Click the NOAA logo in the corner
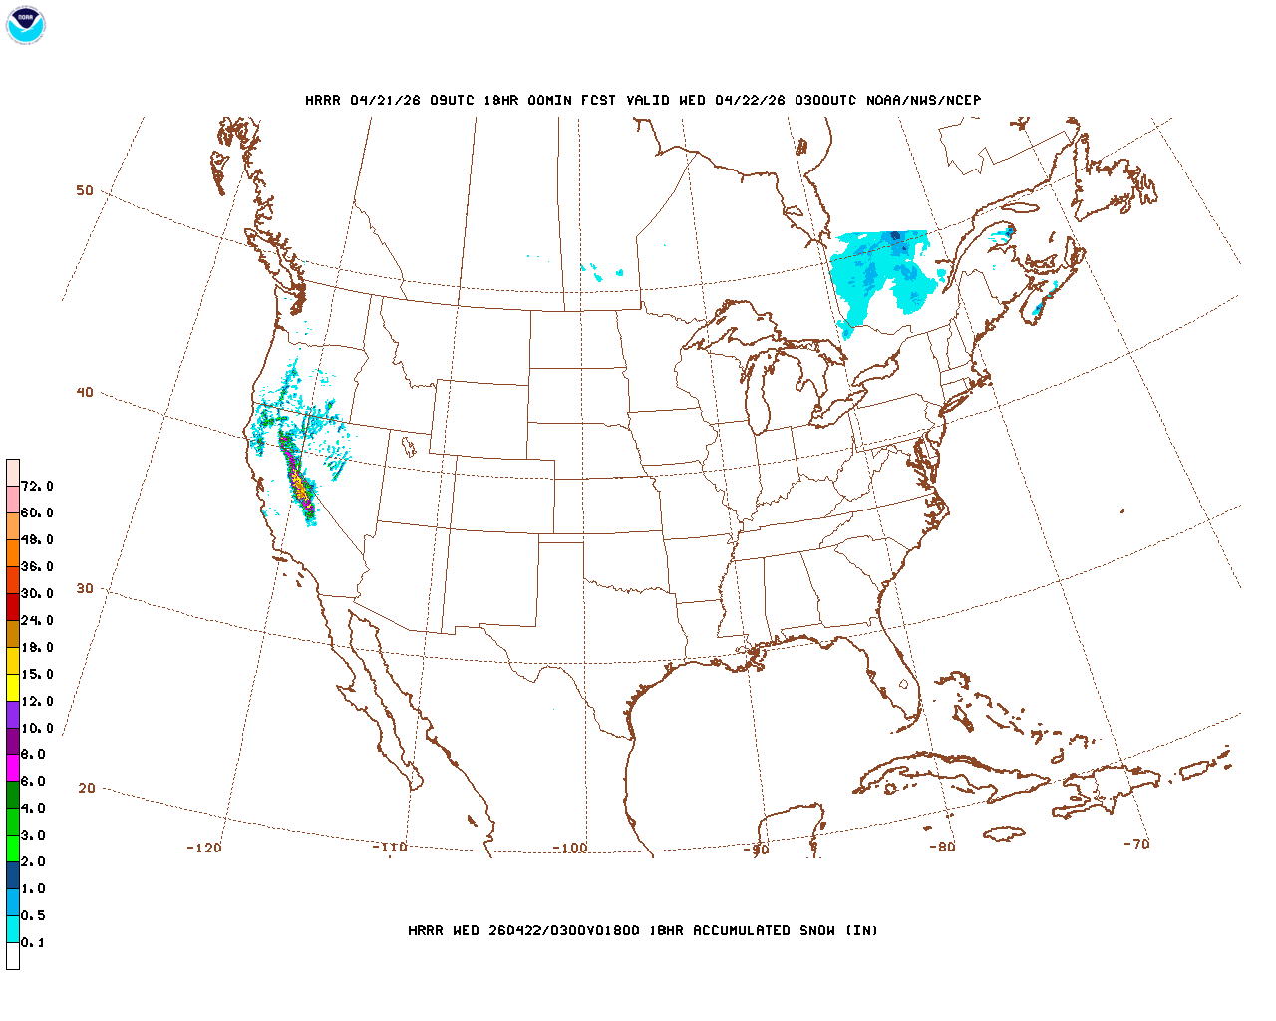coord(26,25)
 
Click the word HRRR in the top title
coord(323,100)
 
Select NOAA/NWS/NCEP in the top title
coord(923,100)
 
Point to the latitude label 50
coord(85,190)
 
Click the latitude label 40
coord(85,392)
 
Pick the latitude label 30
coord(85,588)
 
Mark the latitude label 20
coord(87,788)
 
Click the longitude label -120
coord(204,848)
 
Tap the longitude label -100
coord(570,848)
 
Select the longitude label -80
coord(942,847)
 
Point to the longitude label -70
coord(1136,843)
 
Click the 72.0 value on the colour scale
coord(38,487)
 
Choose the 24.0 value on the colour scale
coord(38,621)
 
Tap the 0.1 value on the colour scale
coord(34,943)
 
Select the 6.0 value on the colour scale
coord(34,782)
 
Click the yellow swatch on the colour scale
coord(13,688)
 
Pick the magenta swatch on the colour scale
coord(13,768)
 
